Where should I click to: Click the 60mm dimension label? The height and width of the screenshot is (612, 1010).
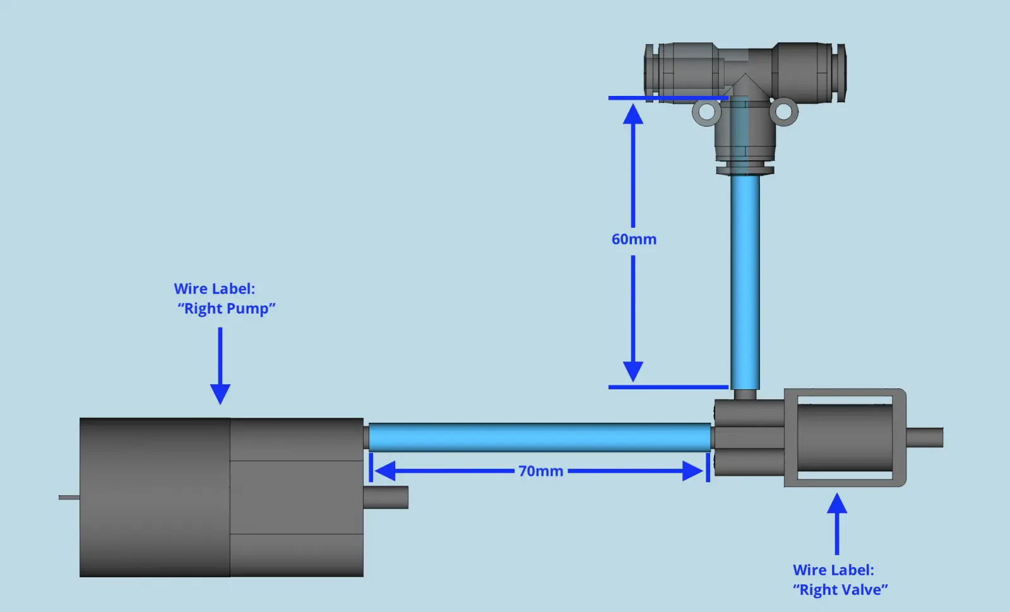[634, 240]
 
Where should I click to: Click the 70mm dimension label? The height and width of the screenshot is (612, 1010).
[540, 471]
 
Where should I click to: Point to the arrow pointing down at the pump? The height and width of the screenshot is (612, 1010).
[220, 366]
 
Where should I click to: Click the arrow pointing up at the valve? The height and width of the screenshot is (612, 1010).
[837, 524]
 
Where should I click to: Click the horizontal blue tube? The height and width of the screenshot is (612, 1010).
[540, 437]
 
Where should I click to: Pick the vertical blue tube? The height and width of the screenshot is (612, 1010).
[745, 281]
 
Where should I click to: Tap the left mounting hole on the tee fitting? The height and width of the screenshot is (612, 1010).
[706, 112]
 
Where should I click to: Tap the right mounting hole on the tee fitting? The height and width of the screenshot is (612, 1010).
[783, 112]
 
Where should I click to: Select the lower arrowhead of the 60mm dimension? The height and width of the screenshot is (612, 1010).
[633, 371]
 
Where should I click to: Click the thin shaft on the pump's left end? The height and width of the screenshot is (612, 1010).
[69, 497]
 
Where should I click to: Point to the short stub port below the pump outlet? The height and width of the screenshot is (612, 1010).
[386, 497]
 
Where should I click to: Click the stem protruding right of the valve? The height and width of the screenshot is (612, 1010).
[924, 437]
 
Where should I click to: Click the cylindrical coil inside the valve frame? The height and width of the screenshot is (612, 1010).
[845, 437]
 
